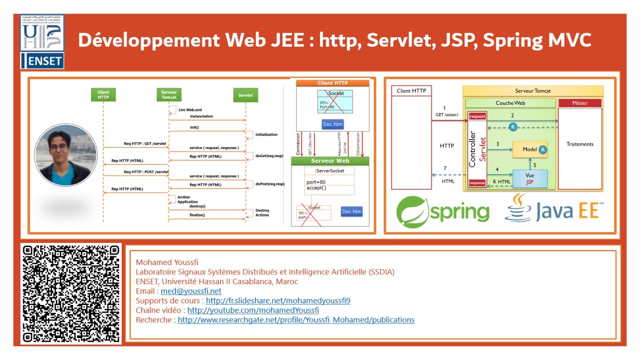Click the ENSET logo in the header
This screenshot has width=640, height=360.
tap(42, 42)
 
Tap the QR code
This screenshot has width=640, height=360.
tap(71, 294)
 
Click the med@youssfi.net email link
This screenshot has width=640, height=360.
tap(191, 291)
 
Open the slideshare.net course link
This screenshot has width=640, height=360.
tap(278, 300)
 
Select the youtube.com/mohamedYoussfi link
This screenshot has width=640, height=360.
tap(253, 310)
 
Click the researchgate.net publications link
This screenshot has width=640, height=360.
tap(296, 319)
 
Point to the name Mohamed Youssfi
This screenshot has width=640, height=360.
tap(167, 262)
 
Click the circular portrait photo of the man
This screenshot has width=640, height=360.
tap(65, 155)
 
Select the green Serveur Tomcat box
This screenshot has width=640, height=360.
tap(169, 94)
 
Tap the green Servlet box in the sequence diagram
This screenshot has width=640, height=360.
tap(245, 95)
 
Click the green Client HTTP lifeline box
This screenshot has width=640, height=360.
tap(103, 94)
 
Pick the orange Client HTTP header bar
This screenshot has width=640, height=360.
tap(332, 83)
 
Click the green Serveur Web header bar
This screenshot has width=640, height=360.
tap(330, 161)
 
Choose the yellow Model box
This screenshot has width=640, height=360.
tap(529, 149)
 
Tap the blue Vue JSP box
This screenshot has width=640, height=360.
tap(529, 179)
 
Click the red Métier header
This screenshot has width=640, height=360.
tap(579, 103)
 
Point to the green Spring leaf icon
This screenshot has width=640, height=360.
tap(412, 212)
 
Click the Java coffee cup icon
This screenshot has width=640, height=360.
tap(518, 208)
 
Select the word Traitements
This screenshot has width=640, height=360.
tap(580, 144)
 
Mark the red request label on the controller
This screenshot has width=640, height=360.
tap(477, 116)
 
